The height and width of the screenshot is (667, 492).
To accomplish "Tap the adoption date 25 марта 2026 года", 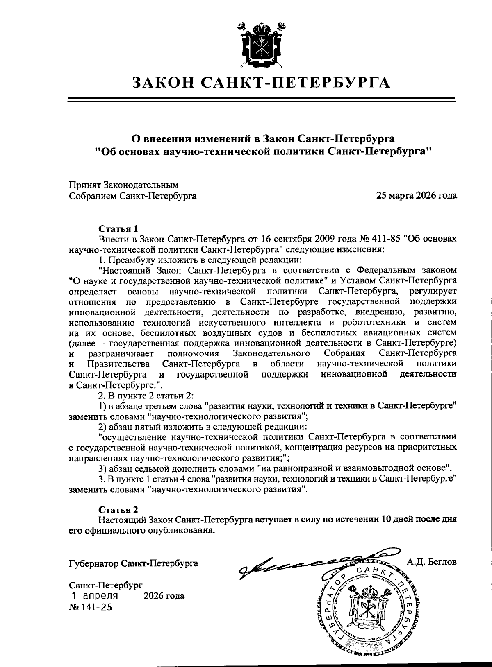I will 417,196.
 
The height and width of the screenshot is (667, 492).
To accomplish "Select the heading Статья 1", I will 119,228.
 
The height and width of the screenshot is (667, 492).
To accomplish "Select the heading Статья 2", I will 119,510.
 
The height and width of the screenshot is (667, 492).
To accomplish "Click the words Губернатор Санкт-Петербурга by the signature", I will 134,563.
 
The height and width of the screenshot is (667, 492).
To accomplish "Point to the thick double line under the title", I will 261,99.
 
